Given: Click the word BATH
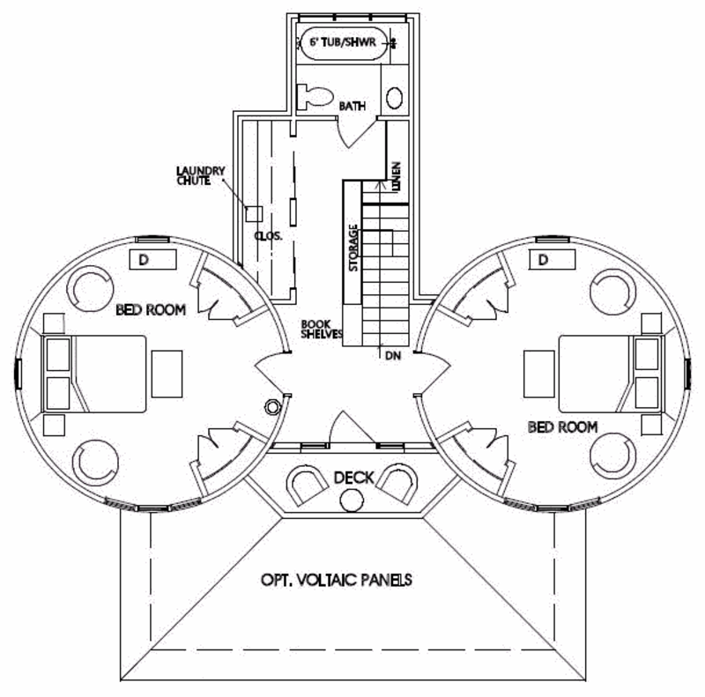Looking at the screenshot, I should coord(352,107).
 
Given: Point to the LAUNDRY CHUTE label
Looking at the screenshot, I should coord(201,175).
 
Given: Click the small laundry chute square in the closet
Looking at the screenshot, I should coord(254,213).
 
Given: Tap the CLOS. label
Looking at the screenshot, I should coord(267,236).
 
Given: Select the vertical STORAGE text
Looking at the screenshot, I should coord(352,249).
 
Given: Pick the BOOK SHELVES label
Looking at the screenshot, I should coord(320,329).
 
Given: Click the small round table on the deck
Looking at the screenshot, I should coord(352,500).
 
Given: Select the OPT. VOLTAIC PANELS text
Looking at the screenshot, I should coord(337,580).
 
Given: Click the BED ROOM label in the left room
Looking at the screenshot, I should coord(151,310).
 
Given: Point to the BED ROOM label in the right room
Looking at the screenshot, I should coord(562,426).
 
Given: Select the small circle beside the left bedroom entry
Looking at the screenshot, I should coord(273,406).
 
